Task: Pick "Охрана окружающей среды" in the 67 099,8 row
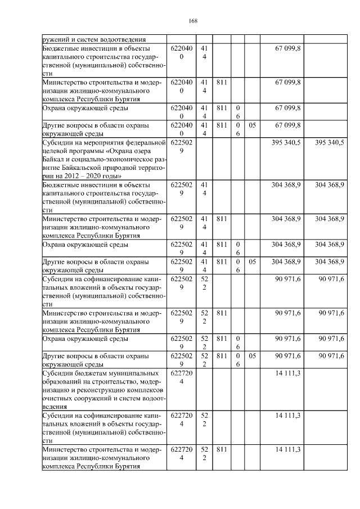[x=84, y=107]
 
